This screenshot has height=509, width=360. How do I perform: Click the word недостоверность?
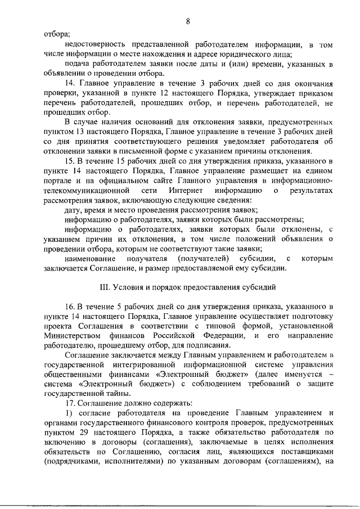coord(96,43)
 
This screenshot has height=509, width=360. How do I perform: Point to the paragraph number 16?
coord(70,307)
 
